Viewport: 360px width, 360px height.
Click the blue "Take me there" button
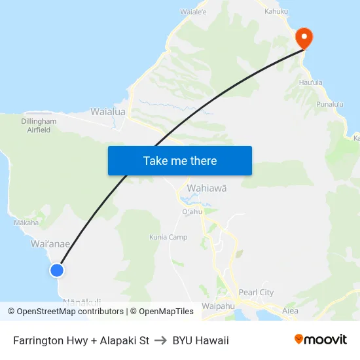coord(180,160)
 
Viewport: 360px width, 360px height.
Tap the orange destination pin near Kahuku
coord(304,37)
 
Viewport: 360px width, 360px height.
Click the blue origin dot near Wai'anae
coord(57,270)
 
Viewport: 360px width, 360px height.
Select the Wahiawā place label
coord(207,189)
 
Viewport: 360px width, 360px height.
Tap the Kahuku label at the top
coord(276,11)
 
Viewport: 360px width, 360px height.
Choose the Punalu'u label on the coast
coord(331,104)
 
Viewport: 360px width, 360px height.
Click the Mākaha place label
coord(26,223)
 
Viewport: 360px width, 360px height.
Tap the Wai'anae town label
coord(50,243)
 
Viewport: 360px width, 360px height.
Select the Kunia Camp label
coord(168,237)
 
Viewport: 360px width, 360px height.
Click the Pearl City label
coord(257,293)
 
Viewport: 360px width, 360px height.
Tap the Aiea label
coord(290,311)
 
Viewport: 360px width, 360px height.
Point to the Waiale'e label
coord(193,12)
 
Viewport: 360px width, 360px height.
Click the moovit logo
coord(320,339)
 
